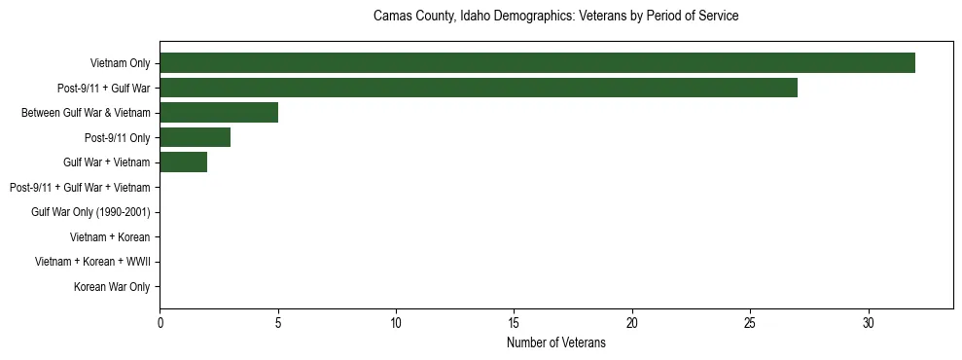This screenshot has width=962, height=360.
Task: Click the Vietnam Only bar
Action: point(537,63)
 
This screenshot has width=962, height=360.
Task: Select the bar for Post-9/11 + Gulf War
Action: point(479,88)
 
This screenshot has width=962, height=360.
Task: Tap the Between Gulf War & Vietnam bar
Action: point(219,113)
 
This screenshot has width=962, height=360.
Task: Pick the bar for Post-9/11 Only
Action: point(195,137)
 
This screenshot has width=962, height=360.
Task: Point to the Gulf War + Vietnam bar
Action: point(183,162)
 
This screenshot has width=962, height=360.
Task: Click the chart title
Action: point(555,17)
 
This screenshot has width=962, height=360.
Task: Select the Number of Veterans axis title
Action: point(555,342)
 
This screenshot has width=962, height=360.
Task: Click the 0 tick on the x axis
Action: point(160,321)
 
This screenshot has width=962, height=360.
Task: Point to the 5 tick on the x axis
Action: point(278,321)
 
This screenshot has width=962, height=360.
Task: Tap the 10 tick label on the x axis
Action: point(396,321)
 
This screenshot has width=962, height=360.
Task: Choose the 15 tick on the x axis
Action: point(514,321)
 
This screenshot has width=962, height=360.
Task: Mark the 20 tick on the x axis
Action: point(632,321)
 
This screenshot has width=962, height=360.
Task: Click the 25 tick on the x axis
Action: point(750,321)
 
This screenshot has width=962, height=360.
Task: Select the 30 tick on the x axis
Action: point(869,321)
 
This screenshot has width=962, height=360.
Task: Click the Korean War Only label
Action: point(112,287)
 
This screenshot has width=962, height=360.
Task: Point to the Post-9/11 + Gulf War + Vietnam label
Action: point(80,187)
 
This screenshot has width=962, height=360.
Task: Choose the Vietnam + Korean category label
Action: point(110,236)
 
